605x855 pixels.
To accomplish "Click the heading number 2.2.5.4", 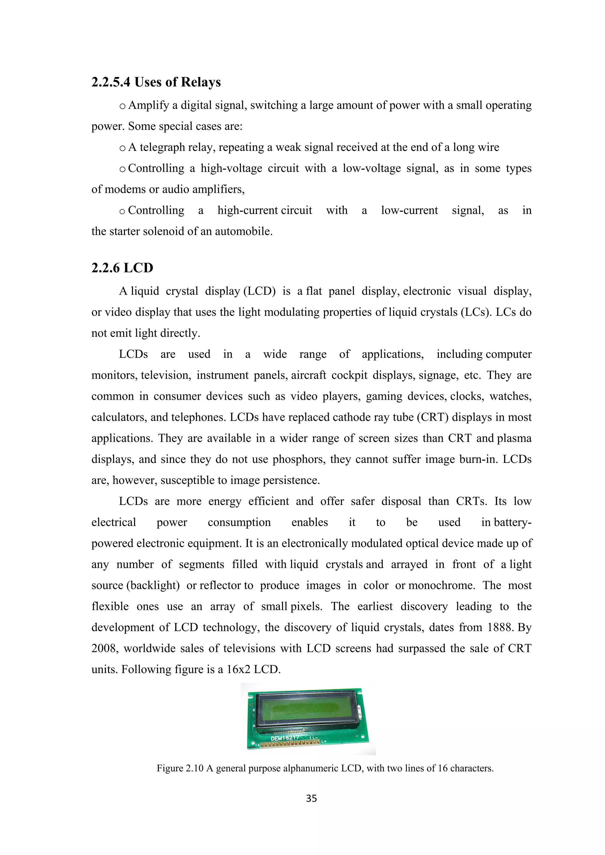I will click(111, 82).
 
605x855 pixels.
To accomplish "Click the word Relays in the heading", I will click(200, 82).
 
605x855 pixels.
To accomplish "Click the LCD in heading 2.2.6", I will click(138, 268).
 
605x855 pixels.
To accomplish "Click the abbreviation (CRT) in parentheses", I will click(432, 417).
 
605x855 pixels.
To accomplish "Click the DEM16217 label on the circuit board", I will click(284, 738).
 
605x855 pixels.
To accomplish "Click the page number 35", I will click(311, 798).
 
